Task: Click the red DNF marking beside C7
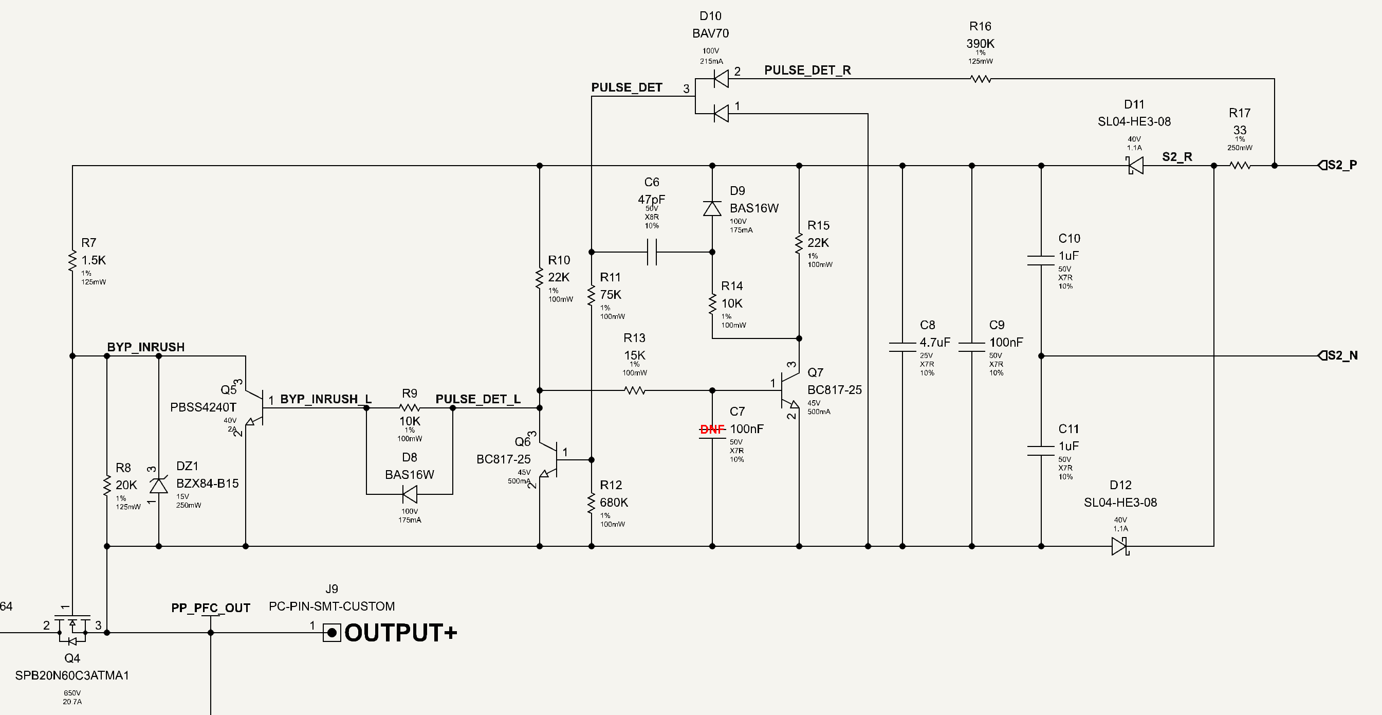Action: tap(712, 429)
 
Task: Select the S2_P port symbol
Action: tap(1322, 165)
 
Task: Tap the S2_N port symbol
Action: tap(1322, 355)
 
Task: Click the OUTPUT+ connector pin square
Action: tap(332, 633)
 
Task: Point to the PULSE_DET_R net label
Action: tap(807, 70)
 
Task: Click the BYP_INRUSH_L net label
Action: tap(326, 399)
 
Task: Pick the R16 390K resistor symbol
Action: tap(981, 79)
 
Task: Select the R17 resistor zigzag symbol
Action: tap(1240, 165)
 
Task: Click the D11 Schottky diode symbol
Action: tap(1135, 165)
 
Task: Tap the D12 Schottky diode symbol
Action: tap(1120, 546)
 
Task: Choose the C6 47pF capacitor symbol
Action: tap(652, 252)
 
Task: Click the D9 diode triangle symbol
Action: tap(712, 208)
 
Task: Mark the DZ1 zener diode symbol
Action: tap(158, 485)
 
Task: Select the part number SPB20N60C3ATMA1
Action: tap(72, 675)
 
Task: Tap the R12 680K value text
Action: tap(614, 503)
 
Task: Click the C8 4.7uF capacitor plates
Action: tap(902, 347)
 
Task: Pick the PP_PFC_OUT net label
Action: tap(211, 607)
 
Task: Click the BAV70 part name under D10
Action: tap(710, 33)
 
